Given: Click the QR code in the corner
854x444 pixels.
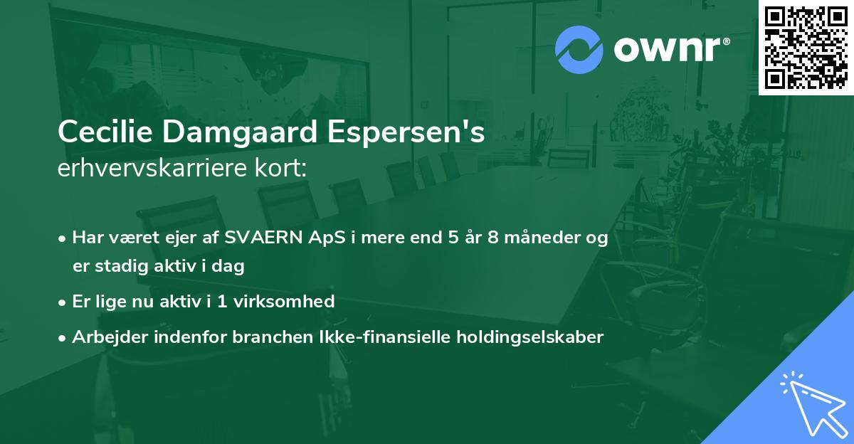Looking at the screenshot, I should (x=806, y=48).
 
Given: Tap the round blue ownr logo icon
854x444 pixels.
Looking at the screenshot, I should (x=579, y=50).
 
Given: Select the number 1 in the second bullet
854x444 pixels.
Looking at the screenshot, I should (x=222, y=302).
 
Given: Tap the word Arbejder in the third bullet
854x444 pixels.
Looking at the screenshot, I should (x=105, y=337).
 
